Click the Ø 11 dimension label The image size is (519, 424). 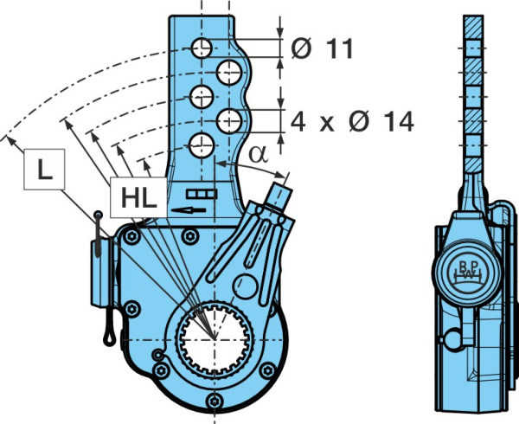(322, 48)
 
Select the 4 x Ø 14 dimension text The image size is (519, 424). (352, 121)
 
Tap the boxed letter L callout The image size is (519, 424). (44, 169)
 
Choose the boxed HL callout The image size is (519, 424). (138, 197)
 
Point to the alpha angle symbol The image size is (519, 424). (258, 154)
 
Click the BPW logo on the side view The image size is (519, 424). (467, 271)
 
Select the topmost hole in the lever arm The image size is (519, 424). (202, 48)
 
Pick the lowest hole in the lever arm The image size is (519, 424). (202, 145)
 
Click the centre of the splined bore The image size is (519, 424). (215, 340)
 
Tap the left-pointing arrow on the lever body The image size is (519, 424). (189, 210)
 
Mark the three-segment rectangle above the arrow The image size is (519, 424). (202, 194)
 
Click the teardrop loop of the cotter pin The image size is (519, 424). (109, 337)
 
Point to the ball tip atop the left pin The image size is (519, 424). (98, 215)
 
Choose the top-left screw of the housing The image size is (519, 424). (131, 236)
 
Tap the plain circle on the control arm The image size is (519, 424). (246, 286)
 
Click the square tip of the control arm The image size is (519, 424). (279, 196)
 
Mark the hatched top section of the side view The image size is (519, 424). (473, 27)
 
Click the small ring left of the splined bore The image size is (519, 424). (158, 355)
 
